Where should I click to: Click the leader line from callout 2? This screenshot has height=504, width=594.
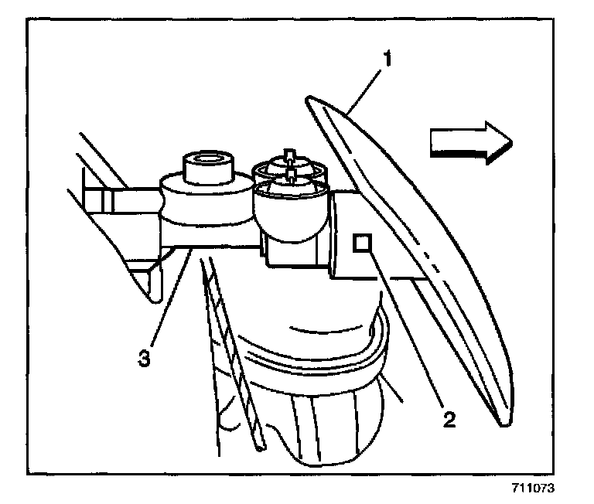pyautogui.click(x=406, y=333)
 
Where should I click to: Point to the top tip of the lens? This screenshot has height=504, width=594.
pyautogui.click(x=309, y=99)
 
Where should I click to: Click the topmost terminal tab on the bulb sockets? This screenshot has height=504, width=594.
pyautogui.click(x=288, y=153)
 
